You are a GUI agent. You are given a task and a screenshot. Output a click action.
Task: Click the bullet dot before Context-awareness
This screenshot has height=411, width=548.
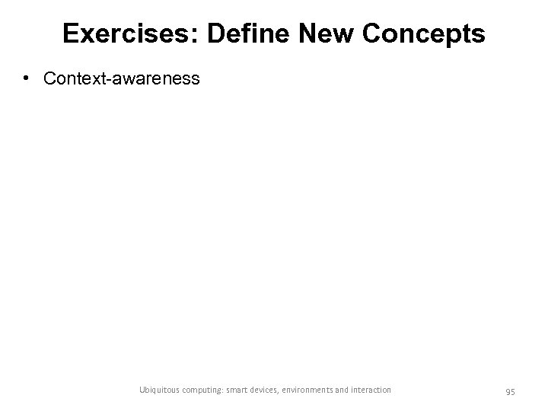point(27,78)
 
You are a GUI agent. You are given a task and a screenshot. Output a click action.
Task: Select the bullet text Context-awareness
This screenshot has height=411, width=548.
point(122,78)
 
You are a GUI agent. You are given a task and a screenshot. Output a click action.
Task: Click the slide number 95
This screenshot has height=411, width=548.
point(510,390)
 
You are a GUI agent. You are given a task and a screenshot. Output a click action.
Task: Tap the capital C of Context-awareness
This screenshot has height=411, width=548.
point(49,78)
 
